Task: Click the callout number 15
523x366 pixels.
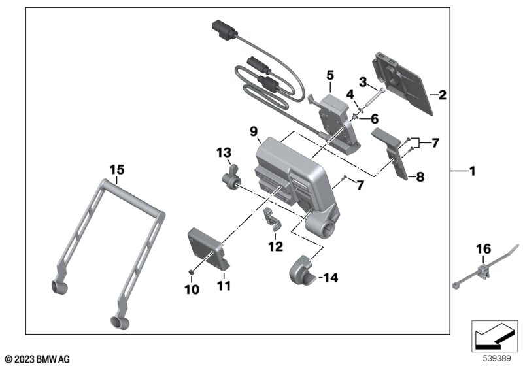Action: tap(117, 170)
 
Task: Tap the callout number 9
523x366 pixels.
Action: tap(254, 131)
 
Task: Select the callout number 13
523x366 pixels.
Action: tap(224, 153)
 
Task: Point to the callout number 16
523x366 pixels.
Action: tap(483, 248)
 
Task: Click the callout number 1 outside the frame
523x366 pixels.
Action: tap(472, 171)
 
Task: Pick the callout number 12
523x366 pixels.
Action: tap(275, 246)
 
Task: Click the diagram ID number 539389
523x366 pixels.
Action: tap(497, 359)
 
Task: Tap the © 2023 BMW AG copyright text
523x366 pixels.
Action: tap(38, 359)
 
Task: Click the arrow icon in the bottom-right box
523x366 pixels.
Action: tap(494, 337)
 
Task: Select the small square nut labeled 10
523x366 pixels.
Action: tap(192, 273)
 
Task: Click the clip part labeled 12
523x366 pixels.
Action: tap(273, 219)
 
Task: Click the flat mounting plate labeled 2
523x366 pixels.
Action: tap(401, 84)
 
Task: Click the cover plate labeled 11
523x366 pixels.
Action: tap(208, 248)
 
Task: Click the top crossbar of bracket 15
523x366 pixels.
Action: tap(133, 197)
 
